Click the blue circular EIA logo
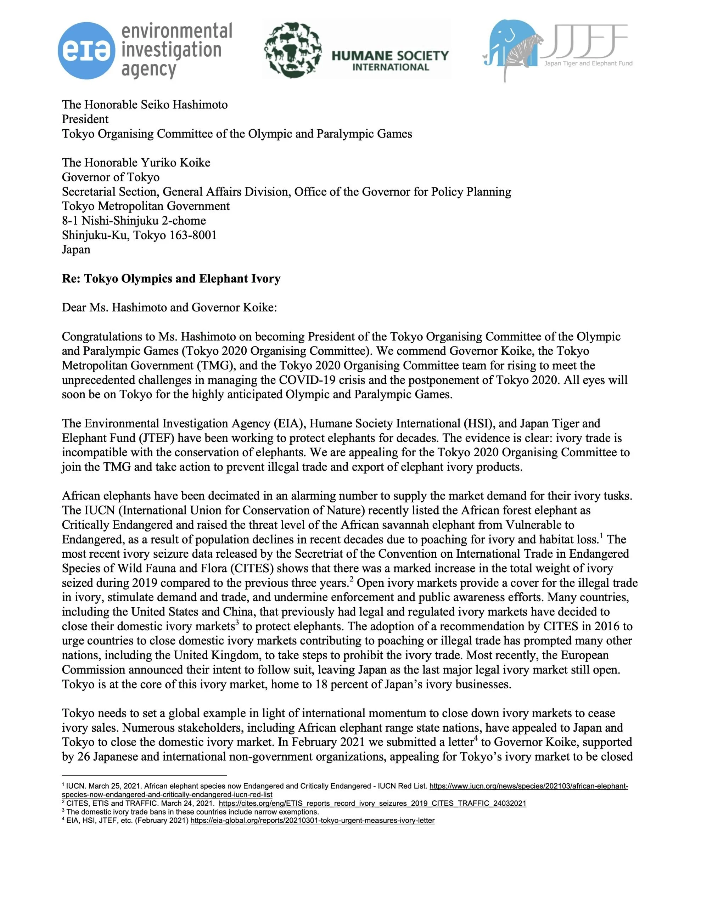tap(86, 51)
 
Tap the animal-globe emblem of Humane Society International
tap(293, 50)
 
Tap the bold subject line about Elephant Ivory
tap(171, 279)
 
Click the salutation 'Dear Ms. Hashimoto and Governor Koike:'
tap(169, 308)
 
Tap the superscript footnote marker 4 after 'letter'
tap(475, 738)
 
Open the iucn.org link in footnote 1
tap(528, 786)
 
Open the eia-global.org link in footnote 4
tap(312, 821)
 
